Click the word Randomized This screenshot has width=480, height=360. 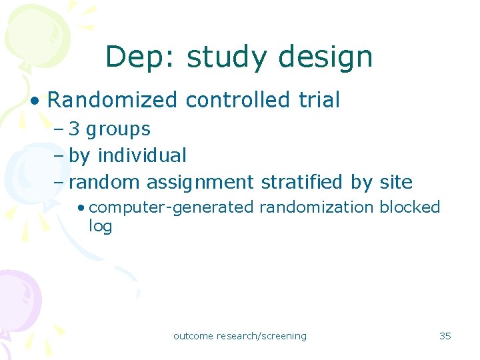pyautogui.click(x=112, y=100)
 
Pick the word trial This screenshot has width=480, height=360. pyautogui.click(x=319, y=100)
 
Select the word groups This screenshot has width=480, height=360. pyautogui.click(x=118, y=129)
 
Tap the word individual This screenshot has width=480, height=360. pyautogui.click(x=141, y=155)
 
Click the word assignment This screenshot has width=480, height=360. pyautogui.click(x=200, y=182)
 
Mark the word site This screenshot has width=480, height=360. pyautogui.click(x=396, y=182)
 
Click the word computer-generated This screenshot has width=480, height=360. pyautogui.click(x=171, y=207)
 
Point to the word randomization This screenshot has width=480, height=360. pyautogui.click(x=316, y=207)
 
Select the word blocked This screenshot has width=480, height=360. pyautogui.click(x=410, y=207)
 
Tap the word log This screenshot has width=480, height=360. pyautogui.click(x=100, y=227)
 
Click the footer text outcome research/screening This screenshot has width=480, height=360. pyautogui.click(x=240, y=336)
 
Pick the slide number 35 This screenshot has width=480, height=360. pyautogui.click(x=445, y=336)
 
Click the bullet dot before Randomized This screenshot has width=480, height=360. pyautogui.click(x=34, y=101)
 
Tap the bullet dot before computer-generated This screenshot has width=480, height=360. pyautogui.click(x=81, y=208)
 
